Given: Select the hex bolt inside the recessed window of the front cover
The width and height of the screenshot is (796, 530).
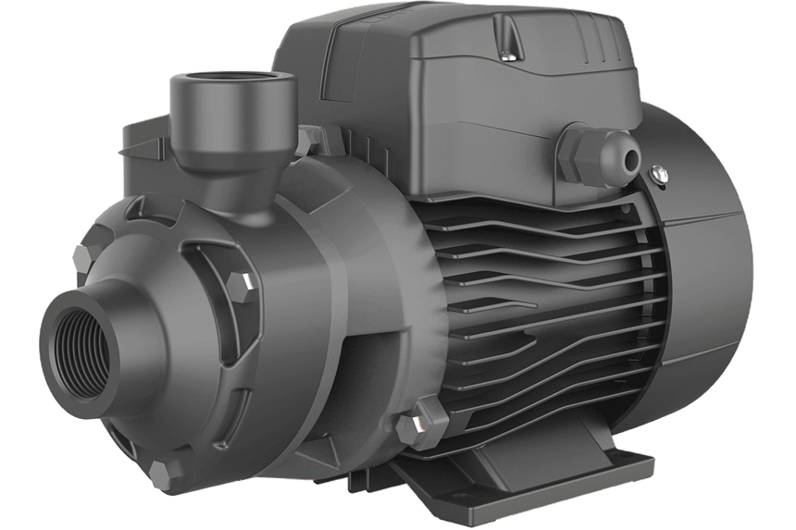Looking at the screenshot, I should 243,287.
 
